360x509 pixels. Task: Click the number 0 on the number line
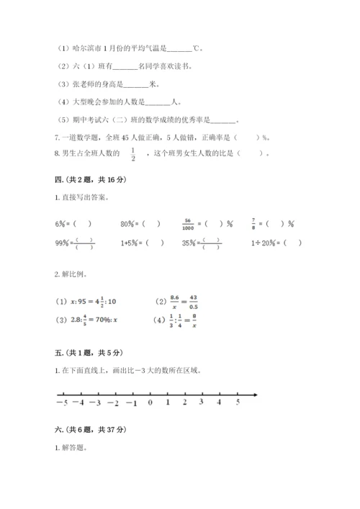pos(150,402)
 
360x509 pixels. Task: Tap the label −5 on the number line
pos(61,402)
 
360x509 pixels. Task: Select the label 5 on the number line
pos(238,402)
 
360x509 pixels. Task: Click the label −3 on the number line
pos(96,402)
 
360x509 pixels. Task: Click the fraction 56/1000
pos(189,223)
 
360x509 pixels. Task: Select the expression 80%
pos(128,223)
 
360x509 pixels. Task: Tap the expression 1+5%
pos(130,243)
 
